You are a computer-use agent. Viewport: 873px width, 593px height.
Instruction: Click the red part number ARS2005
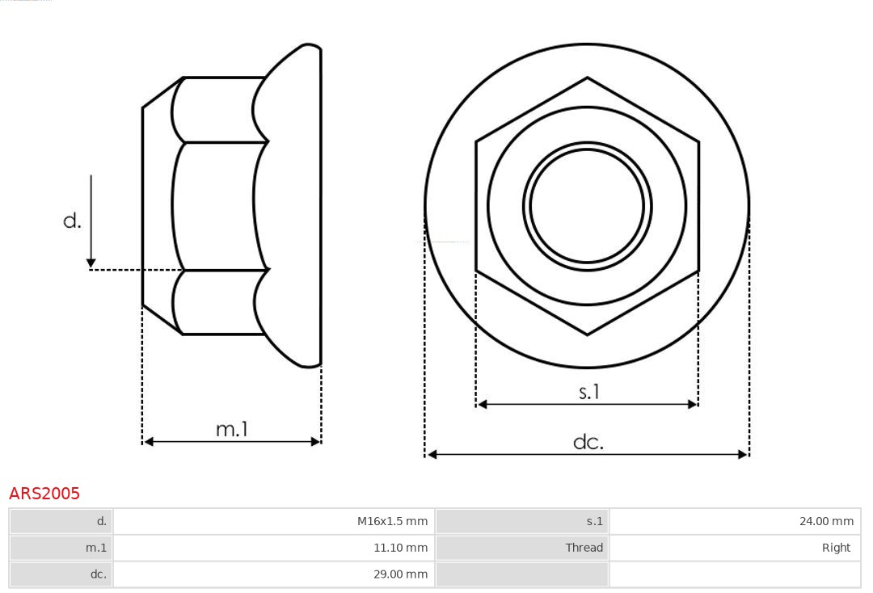(44, 493)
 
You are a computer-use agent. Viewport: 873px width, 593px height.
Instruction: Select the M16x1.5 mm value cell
(392, 522)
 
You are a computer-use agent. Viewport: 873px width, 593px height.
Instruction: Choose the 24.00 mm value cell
(826, 522)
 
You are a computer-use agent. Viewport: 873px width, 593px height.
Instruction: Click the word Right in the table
(836, 548)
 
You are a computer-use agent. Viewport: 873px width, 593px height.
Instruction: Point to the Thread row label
(584, 548)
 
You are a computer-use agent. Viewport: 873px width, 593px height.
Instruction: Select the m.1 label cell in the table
(96, 548)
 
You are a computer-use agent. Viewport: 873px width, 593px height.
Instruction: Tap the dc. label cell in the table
(98, 574)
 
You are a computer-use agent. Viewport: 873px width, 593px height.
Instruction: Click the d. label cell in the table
(101, 522)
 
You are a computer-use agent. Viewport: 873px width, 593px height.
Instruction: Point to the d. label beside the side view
(72, 221)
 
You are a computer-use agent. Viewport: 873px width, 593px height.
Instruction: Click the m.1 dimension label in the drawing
(231, 429)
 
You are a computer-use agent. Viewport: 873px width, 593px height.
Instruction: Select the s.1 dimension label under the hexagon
(589, 392)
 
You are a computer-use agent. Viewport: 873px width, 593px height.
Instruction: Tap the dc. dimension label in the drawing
(588, 442)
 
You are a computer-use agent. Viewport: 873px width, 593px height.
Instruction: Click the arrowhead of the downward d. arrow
(91, 263)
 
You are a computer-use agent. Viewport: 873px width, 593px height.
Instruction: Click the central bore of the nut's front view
(587, 206)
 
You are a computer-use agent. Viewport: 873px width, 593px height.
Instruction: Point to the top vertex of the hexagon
(587, 78)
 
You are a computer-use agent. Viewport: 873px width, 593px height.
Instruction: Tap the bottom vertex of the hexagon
(587, 334)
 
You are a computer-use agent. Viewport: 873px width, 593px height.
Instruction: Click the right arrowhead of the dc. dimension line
(744, 455)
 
